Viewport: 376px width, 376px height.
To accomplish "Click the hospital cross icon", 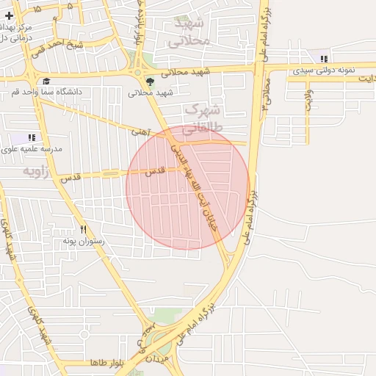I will click(9, 15).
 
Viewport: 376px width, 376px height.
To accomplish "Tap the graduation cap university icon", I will click(46, 82).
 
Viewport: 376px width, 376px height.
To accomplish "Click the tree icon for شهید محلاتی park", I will click(150, 82).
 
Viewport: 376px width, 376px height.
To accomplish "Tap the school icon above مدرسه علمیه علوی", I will click(32, 137).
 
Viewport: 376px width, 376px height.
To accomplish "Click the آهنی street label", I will click(140, 132).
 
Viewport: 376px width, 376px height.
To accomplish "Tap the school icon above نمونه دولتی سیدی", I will click(324, 59).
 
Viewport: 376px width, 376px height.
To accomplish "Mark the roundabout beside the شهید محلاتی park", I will click(137, 72).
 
